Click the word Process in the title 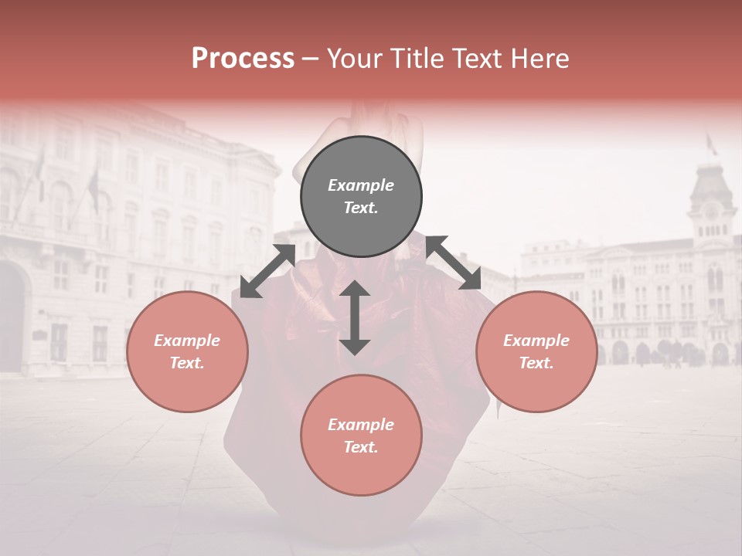pos(243,59)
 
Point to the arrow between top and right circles pos(454,263)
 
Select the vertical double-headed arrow pos(355,317)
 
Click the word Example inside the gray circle pos(361,185)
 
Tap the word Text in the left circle pos(187,363)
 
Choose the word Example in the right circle pos(536,341)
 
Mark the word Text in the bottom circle pos(361,447)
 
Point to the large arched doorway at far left pos(12,317)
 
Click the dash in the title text pos(311,59)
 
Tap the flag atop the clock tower pos(710,144)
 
